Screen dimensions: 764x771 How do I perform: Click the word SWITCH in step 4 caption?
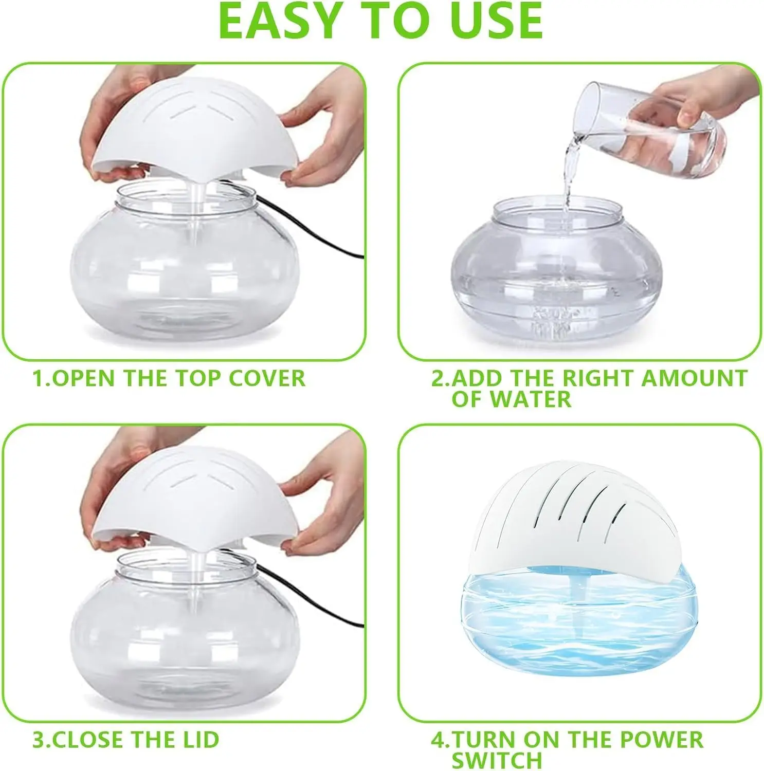coord(497,760)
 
